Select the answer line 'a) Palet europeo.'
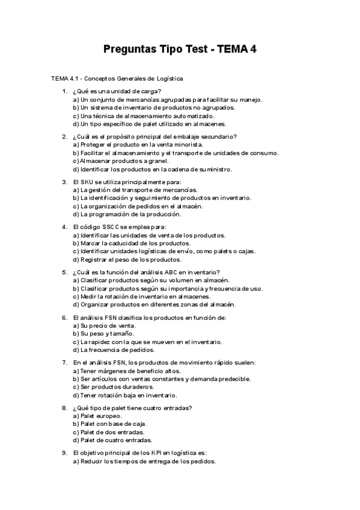tap(97, 416)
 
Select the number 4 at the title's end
tap(254, 49)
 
